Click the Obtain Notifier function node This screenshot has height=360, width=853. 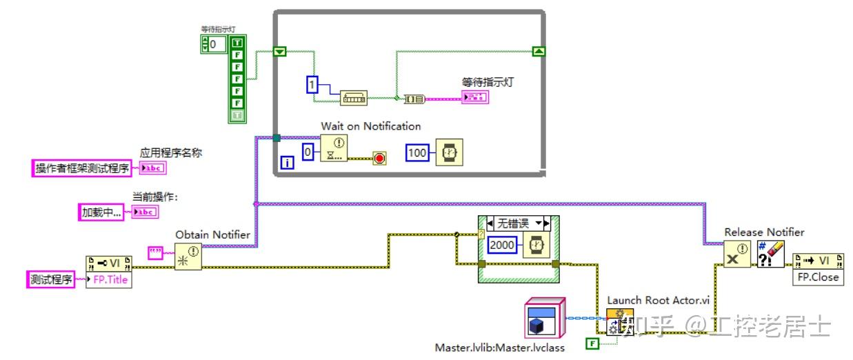(x=188, y=256)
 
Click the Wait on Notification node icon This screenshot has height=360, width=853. (x=334, y=148)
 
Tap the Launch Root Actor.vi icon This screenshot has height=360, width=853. (x=620, y=321)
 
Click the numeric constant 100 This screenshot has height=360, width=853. (x=417, y=152)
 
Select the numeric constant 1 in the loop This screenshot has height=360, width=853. (x=313, y=86)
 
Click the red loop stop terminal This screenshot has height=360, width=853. (x=379, y=159)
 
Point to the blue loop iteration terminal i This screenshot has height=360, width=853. (x=288, y=163)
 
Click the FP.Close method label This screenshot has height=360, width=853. (x=819, y=277)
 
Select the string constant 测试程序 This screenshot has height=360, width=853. (x=51, y=280)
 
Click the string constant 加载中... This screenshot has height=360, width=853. (x=101, y=212)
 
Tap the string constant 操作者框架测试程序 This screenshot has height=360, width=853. (x=82, y=168)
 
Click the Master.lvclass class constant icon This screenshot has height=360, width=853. (x=544, y=318)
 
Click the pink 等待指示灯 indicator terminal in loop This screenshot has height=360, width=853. (x=475, y=98)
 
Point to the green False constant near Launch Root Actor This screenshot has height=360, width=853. (x=591, y=343)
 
